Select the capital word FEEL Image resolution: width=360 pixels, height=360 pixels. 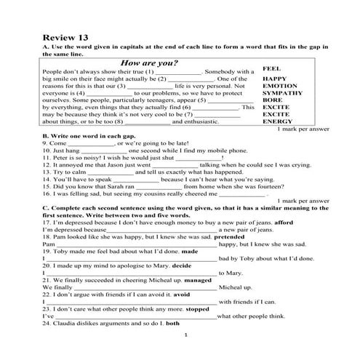point(272,68)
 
